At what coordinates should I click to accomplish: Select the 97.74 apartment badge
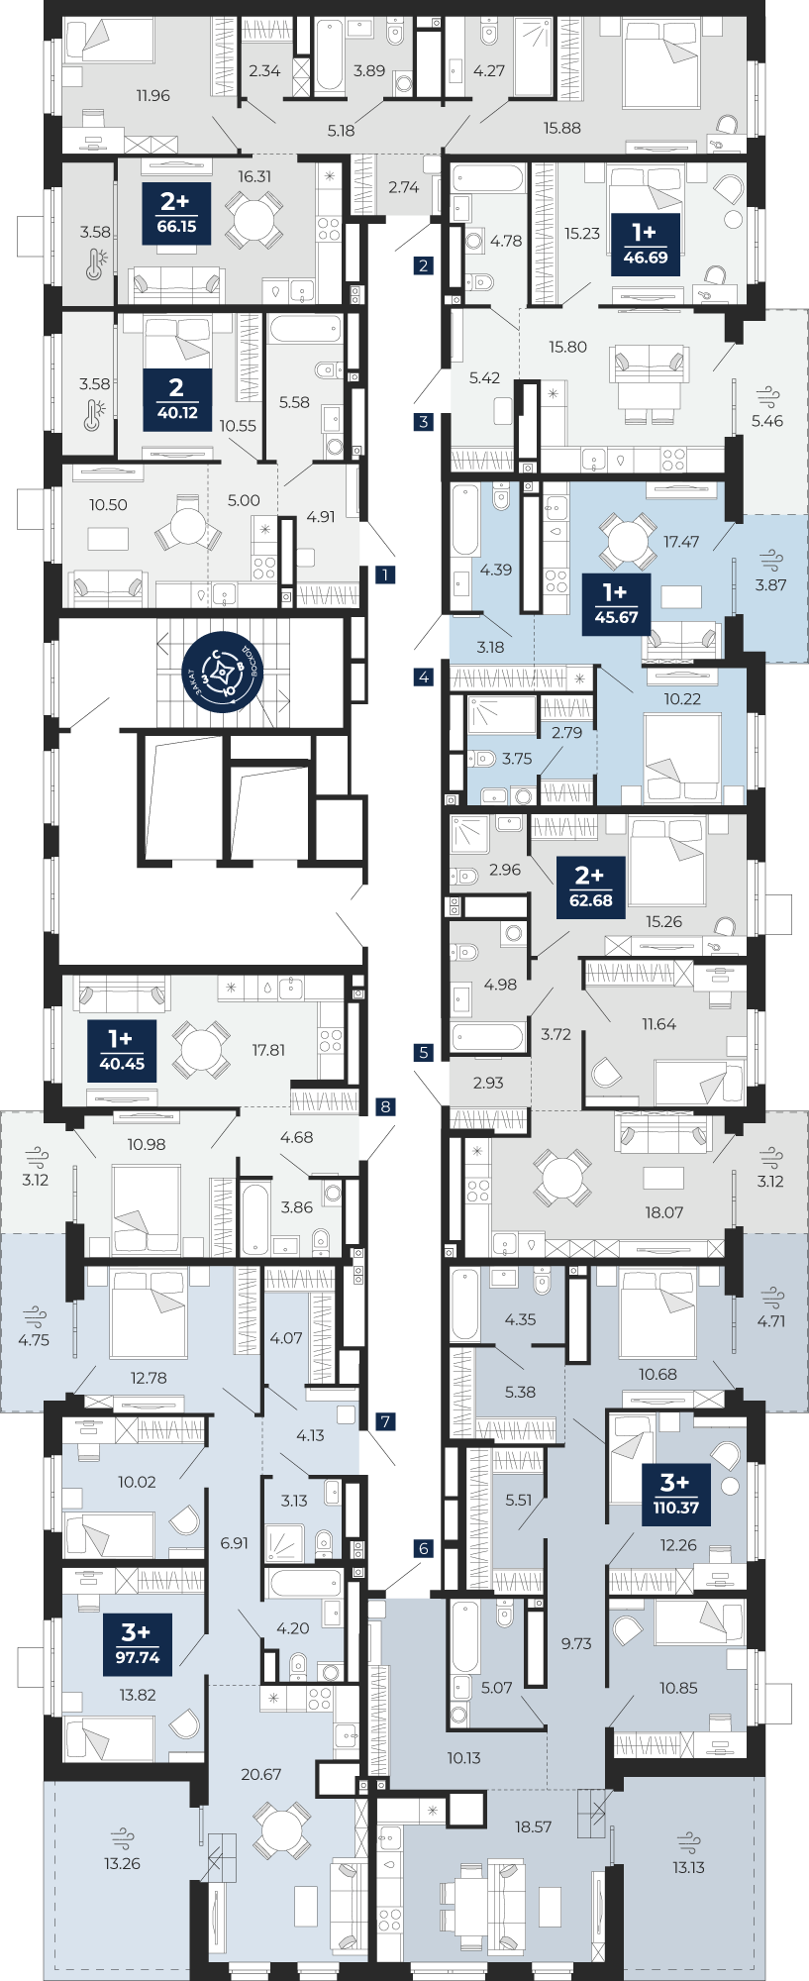138,1645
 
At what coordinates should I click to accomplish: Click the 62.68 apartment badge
590,887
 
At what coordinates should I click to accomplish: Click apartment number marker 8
385,1106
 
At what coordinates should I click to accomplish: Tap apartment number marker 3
424,422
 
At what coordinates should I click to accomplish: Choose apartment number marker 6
424,1548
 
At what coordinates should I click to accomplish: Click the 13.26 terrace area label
123,1863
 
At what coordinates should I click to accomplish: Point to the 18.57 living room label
533,1826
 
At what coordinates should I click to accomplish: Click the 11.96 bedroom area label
152,96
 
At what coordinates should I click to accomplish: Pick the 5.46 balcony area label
766,421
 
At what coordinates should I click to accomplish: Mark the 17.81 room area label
268,1050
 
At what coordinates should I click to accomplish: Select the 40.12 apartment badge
177,399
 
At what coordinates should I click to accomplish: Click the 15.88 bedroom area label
561,128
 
